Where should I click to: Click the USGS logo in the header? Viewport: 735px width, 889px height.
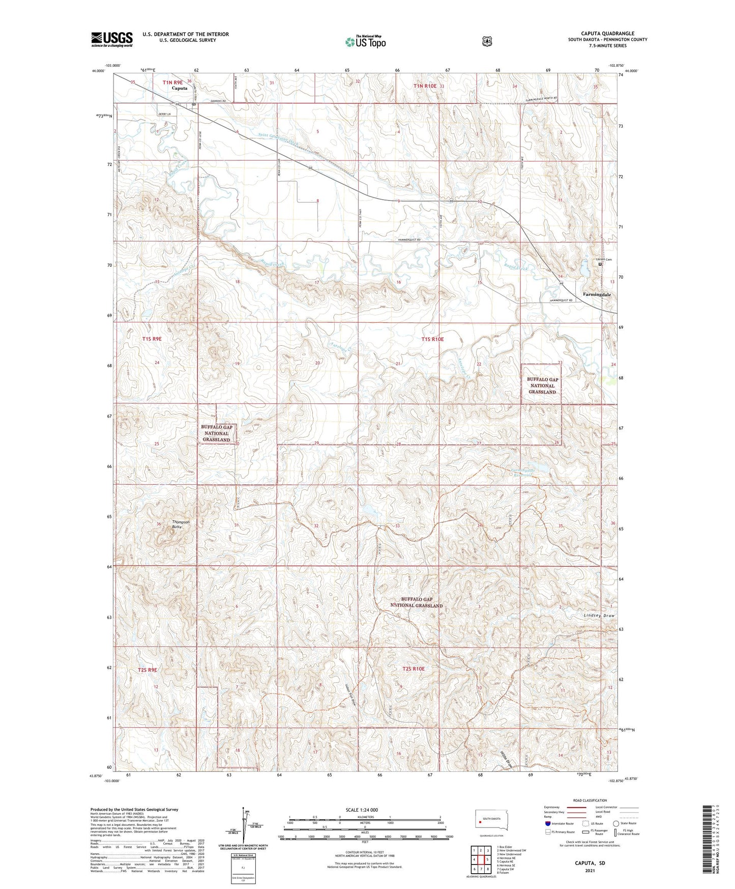coord(112,39)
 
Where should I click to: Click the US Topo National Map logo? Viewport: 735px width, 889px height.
coord(365,42)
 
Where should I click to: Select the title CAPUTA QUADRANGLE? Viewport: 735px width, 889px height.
coord(607,33)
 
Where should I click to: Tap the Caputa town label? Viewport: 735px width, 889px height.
coord(180,88)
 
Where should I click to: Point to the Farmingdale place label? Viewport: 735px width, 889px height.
coord(596,295)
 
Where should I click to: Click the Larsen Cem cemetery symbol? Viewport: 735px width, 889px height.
coord(600,264)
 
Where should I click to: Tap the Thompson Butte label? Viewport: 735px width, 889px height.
coord(180,524)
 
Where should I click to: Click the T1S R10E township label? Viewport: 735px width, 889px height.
coord(432,339)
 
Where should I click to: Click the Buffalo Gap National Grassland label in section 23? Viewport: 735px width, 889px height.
coord(542,385)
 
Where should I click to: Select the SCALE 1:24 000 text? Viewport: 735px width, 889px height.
coord(362,810)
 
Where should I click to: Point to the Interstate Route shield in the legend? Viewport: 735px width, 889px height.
coord(547,823)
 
